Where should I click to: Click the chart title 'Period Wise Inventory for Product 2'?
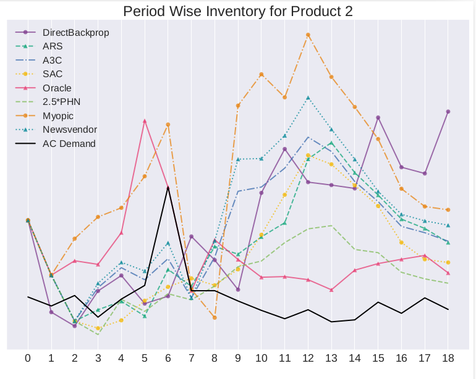(238, 11)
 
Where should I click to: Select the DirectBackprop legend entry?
(75, 32)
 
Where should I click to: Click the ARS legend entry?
(53, 46)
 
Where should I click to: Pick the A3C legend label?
(53, 60)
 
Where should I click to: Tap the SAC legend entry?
(53, 74)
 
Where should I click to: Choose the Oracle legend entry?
(57, 88)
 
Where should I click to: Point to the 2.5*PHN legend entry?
(61, 102)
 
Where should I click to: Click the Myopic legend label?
(57, 116)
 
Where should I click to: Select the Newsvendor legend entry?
(70, 130)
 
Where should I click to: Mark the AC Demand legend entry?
(69, 144)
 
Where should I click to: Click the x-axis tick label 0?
(28, 358)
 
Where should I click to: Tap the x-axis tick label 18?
(448, 358)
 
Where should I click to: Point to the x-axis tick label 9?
(238, 358)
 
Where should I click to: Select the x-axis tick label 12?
(308, 358)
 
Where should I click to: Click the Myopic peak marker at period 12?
(308, 35)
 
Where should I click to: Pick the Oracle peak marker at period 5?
(145, 121)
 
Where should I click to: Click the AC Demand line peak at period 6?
(168, 186)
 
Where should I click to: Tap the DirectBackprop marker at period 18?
(448, 112)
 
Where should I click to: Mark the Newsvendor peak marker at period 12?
(308, 98)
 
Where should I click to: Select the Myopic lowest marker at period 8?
(215, 317)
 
